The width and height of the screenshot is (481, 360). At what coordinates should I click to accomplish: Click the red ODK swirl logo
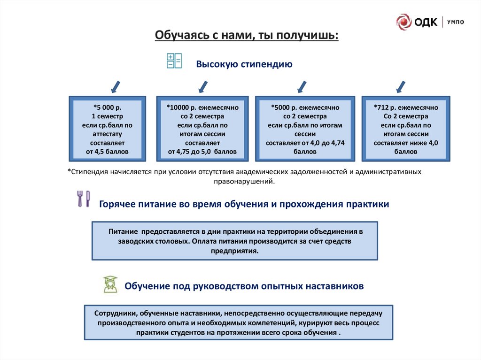(403, 22)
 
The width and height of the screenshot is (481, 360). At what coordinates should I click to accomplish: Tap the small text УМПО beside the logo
(455, 22)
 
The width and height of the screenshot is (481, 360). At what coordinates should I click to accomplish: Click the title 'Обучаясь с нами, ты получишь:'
(247, 36)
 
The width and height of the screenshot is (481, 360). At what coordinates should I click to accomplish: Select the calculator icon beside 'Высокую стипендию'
(174, 61)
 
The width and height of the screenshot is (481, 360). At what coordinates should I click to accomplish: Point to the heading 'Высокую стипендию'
(244, 64)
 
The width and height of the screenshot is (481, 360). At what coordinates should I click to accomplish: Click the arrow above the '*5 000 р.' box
(115, 86)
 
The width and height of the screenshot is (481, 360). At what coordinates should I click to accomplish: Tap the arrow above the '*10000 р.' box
(202, 86)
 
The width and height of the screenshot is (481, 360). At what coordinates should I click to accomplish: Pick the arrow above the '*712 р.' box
(401, 86)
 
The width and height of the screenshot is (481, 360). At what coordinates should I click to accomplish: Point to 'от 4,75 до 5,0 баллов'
(202, 152)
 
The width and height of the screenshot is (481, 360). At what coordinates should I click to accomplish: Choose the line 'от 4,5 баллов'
(107, 152)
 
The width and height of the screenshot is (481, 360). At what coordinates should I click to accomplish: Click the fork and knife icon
(83, 199)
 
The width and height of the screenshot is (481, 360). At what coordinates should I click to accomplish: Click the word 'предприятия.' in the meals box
(235, 251)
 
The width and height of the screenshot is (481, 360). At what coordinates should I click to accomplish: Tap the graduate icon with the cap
(110, 284)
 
